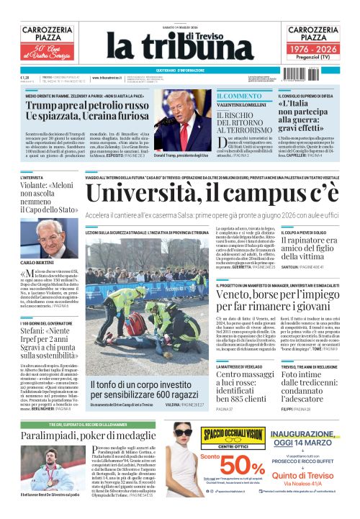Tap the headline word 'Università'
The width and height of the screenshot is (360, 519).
click(145, 194)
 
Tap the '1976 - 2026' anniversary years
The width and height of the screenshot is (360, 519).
click(314, 47)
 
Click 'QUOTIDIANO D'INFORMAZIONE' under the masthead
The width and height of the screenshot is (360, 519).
click(180, 70)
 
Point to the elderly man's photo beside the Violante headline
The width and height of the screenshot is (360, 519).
click(63, 230)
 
